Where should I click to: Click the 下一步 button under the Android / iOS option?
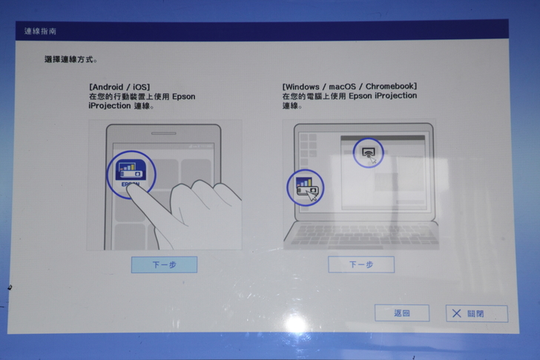164,264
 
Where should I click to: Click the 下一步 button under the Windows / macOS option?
361,264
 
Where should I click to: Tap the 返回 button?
402,312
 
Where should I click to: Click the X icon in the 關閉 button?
457,313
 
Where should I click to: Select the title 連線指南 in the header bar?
40,31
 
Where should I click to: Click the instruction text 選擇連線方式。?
71,59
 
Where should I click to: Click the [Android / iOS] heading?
119,87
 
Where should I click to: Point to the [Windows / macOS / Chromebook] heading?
349,86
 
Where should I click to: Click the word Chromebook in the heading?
391,86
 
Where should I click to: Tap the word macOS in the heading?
343,86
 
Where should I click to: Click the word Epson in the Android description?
183,96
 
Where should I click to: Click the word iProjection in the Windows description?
395,96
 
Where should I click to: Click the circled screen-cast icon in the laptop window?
368,153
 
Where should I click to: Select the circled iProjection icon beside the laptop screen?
306,188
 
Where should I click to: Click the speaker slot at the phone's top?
164,134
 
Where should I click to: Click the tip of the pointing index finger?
134,190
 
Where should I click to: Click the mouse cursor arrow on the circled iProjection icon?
312,196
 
